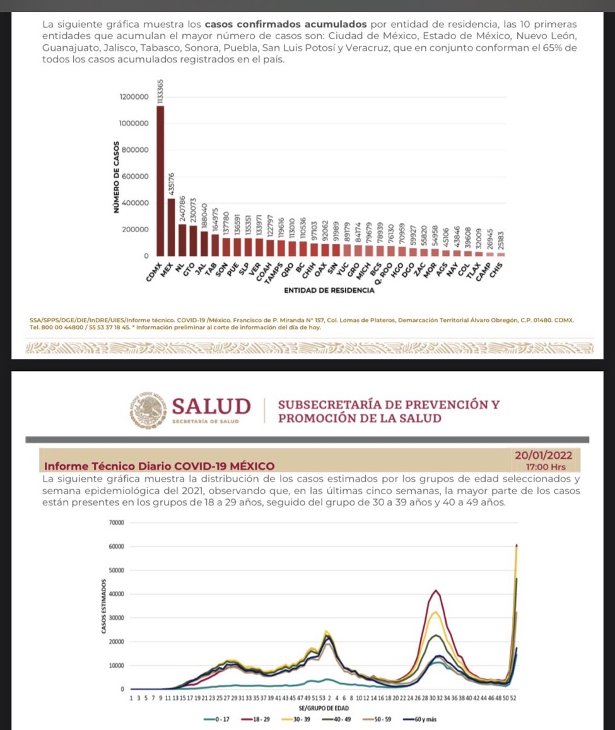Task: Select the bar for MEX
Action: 171,227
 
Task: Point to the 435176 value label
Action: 172,184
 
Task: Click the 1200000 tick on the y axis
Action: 134,97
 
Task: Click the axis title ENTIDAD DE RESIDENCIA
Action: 329,291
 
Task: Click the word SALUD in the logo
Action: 211,406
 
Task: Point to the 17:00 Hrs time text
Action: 546,468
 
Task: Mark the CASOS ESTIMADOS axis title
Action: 103,606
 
